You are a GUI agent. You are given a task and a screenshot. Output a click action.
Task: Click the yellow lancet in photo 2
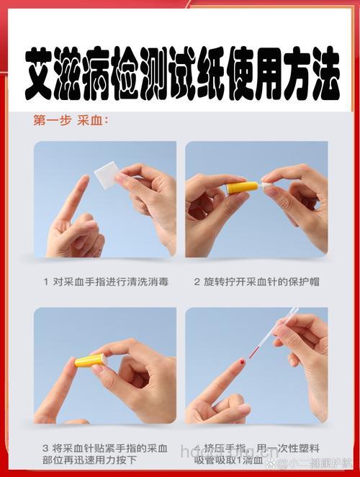point(242,188)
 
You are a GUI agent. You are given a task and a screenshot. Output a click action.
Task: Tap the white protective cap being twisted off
point(267,185)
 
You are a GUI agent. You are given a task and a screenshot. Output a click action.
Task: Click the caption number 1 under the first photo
point(45,281)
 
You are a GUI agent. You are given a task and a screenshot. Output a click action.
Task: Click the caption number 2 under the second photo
point(197,281)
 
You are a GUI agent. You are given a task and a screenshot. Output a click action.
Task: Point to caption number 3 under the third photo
point(45,448)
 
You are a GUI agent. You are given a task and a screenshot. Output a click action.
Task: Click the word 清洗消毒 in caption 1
point(147,281)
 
